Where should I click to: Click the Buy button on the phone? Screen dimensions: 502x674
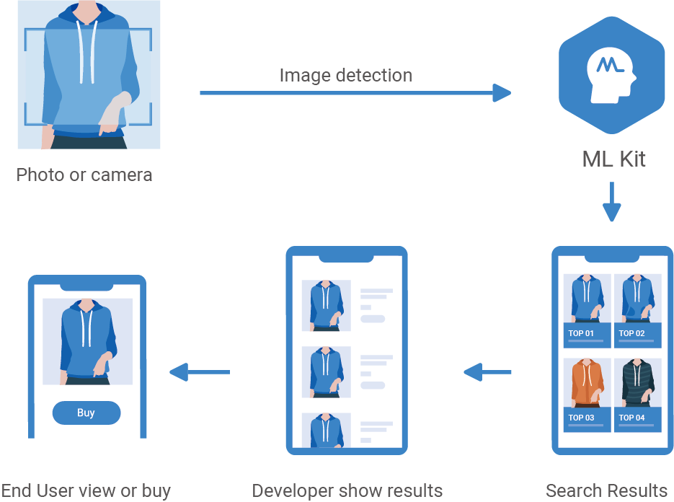click(x=86, y=413)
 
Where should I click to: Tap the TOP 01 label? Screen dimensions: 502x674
click(x=581, y=333)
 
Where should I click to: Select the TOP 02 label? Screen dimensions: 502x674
click(x=631, y=333)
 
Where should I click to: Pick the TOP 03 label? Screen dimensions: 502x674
click(x=581, y=418)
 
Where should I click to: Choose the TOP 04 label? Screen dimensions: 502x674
click(x=631, y=418)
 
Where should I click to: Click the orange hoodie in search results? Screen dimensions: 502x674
click(x=587, y=383)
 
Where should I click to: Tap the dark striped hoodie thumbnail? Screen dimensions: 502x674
click(x=637, y=383)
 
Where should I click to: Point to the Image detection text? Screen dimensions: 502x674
click(x=345, y=75)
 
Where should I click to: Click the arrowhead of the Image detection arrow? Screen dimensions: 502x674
click(x=502, y=92)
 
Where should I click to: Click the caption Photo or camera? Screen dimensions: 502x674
click(x=84, y=175)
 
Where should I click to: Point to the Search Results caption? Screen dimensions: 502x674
click(x=606, y=491)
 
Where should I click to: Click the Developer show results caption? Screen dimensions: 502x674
click(x=347, y=491)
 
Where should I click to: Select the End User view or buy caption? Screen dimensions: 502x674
click(x=86, y=491)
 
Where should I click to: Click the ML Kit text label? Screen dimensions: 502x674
click(x=613, y=159)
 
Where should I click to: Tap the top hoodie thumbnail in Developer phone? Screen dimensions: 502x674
click(x=326, y=305)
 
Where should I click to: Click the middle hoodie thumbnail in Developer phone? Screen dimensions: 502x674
click(x=326, y=372)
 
